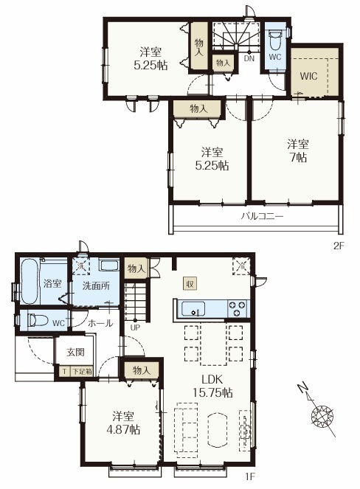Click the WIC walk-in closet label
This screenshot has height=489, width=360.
coord(308,76)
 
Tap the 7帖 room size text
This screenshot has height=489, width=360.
coord(299,158)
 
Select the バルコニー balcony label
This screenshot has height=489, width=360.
coord(262,216)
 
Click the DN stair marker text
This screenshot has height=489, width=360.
coord(249,58)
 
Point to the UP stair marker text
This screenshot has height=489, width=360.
coord(135,327)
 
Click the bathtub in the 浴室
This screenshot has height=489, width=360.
coord(30,282)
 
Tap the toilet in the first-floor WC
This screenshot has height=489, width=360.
coord(37,320)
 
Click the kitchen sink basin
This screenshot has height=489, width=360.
coord(193,309)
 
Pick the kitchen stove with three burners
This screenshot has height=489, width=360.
coord(238,308)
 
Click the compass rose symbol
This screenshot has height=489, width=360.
coord(322,415)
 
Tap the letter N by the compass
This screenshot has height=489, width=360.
coord(302,389)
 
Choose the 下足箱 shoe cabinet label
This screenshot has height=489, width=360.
coord(82,372)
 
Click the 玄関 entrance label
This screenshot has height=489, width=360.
coord(75,352)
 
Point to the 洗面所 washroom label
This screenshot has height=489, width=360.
coord(96,285)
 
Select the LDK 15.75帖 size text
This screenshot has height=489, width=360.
coord(212,386)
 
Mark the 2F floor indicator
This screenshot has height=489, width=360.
coord(339,246)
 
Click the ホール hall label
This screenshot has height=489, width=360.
coord(100,323)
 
